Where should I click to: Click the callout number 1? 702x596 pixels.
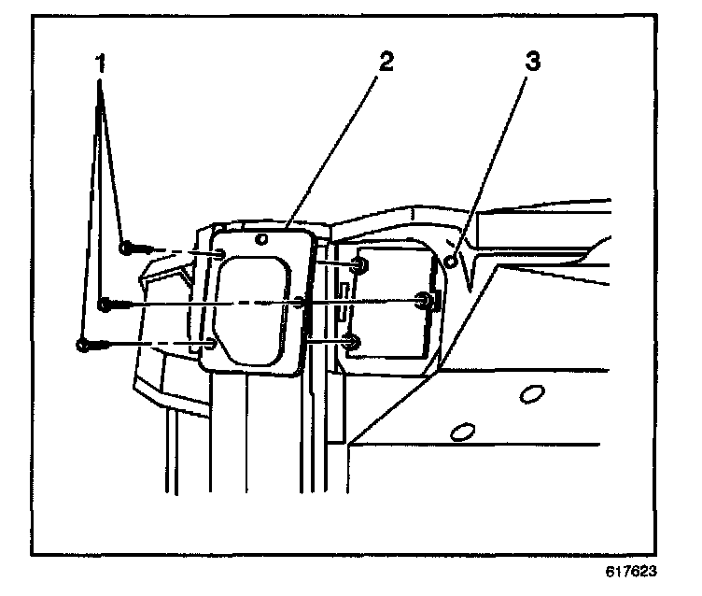[x=100, y=64]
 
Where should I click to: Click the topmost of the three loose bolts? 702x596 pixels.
[x=128, y=248]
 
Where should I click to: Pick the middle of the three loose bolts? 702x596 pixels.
[x=106, y=304]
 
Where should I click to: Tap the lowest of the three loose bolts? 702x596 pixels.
[x=85, y=346]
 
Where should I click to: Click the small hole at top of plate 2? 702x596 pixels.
[x=264, y=239]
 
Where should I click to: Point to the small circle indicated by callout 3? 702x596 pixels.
[x=451, y=263]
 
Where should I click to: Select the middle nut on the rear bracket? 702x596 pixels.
[x=426, y=301]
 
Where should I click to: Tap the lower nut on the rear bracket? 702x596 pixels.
[x=352, y=343]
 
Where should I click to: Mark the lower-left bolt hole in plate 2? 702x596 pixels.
[x=212, y=345]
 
